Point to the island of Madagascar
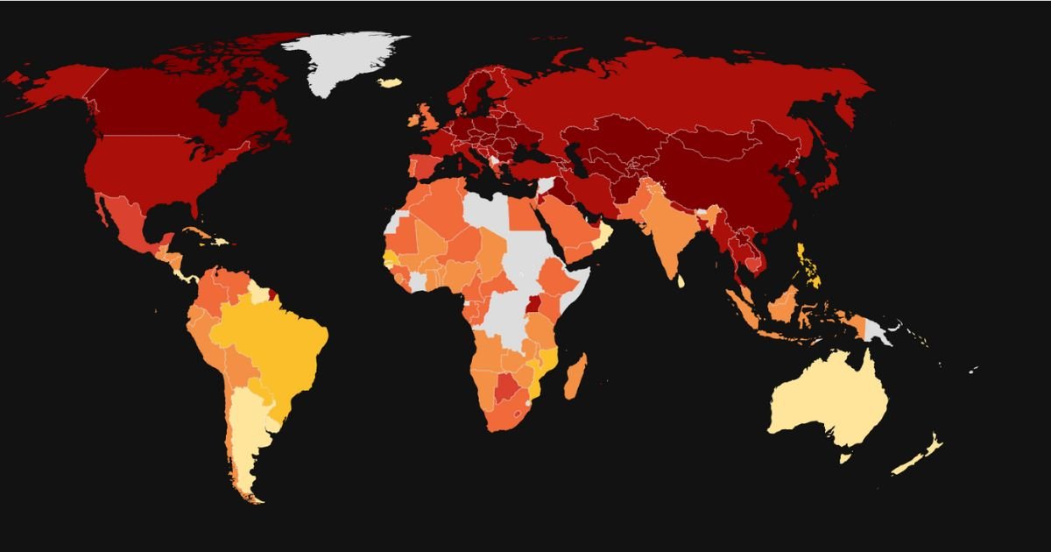pos(575,377)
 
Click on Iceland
pos(389,82)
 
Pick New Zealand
pos(924,451)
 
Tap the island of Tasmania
pos(845,457)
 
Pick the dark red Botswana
pos(505,386)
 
